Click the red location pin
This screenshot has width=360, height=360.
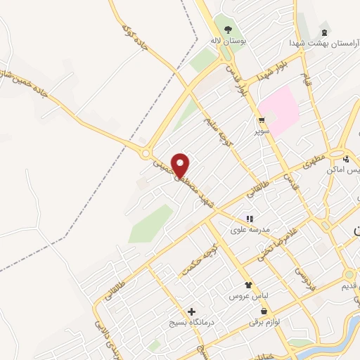[x=181, y=165]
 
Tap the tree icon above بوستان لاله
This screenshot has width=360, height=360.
[x=227, y=30]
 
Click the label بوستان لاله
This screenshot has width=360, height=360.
[x=227, y=41]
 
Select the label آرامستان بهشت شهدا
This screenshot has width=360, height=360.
[x=316, y=43]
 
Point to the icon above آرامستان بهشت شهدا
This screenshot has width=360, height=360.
[x=323, y=32]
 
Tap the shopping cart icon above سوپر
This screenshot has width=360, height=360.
[x=262, y=120]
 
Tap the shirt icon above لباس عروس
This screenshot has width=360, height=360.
[x=247, y=285]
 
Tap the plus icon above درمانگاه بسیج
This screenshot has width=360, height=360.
[x=191, y=311]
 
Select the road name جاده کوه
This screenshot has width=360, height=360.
[x=134, y=41]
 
